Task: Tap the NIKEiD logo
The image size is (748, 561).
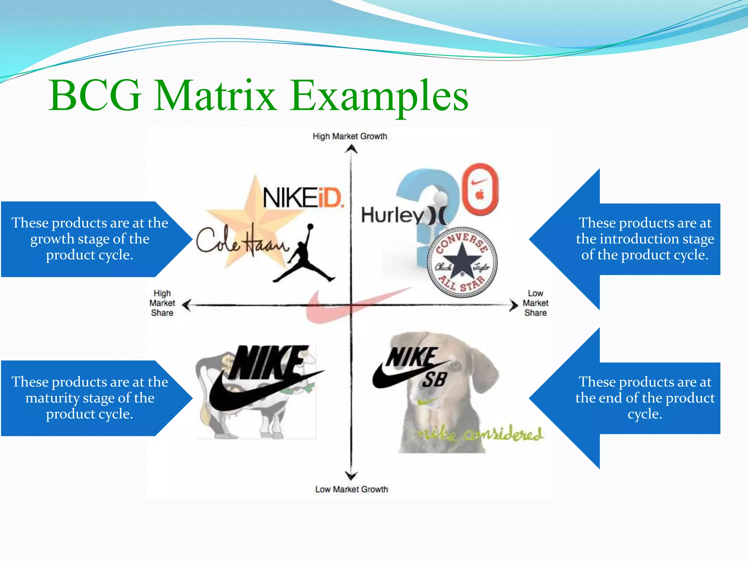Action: pos(303,198)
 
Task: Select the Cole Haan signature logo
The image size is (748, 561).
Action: pos(241,241)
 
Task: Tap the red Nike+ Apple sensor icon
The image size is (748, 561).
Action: pos(480,189)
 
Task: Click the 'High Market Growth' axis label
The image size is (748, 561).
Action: pos(350,136)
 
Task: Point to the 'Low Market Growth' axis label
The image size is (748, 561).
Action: pos(351,489)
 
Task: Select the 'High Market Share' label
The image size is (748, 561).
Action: pos(162,303)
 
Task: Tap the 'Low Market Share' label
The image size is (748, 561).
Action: pos(535,303)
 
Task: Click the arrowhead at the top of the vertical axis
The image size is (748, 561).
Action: pos(351,149)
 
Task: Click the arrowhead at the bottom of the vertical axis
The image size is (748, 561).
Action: pos(351,475)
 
